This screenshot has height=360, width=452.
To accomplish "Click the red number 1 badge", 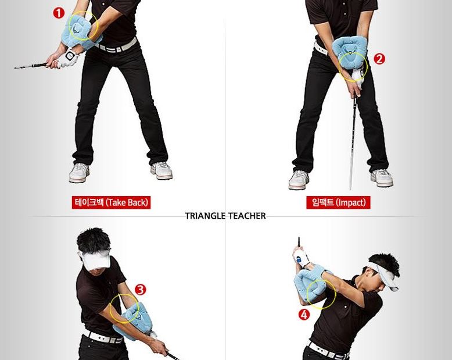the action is point(59,13).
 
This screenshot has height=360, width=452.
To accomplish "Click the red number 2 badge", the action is point(379,59).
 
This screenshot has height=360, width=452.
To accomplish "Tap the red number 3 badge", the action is point(141,289).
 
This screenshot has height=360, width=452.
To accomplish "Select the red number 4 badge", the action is point(304,315).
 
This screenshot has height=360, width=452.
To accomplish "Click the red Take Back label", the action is point(112,202).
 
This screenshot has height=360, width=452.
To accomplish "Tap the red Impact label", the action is point(338,202).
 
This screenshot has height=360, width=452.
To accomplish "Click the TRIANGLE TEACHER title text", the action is point(225,216).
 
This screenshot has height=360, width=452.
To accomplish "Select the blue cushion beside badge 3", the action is point(133,320).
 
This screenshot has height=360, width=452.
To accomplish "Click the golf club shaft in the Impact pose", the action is point(353,144).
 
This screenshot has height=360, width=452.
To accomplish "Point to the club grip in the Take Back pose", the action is point(32,66).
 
